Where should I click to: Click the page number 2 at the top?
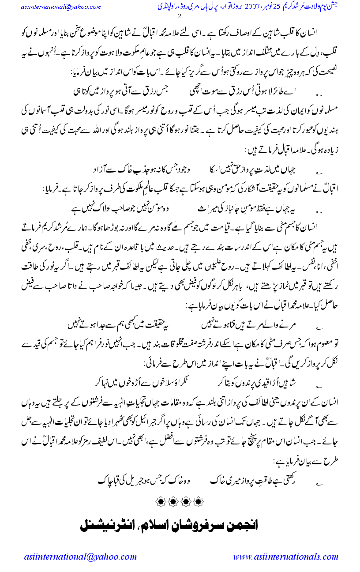[179, 17]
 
